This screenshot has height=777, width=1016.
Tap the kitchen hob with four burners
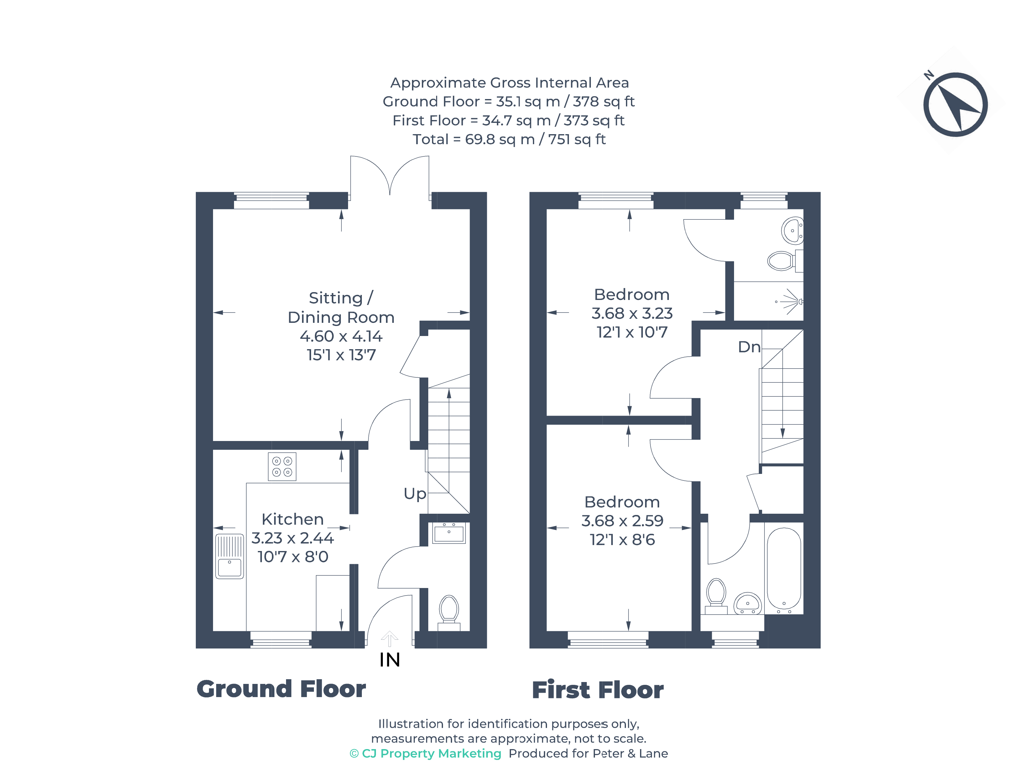point(282,467)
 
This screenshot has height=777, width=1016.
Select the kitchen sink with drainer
point(229,556)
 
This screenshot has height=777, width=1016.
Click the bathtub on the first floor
point(784,569)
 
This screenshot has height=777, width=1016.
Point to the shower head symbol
point(791,302)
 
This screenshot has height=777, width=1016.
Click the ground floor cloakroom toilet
point(449,611)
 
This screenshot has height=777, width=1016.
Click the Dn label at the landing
point(749,347)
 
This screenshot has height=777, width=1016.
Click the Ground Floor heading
point(281,689)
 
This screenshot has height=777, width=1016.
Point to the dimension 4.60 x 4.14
point(341,336)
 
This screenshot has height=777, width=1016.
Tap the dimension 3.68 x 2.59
point(622,521)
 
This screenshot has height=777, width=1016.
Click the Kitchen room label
point(293,519)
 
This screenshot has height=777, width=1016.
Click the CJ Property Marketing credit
point(425,753)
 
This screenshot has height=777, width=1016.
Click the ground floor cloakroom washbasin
point(448,533)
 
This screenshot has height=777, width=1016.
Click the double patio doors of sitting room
point(390,178)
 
